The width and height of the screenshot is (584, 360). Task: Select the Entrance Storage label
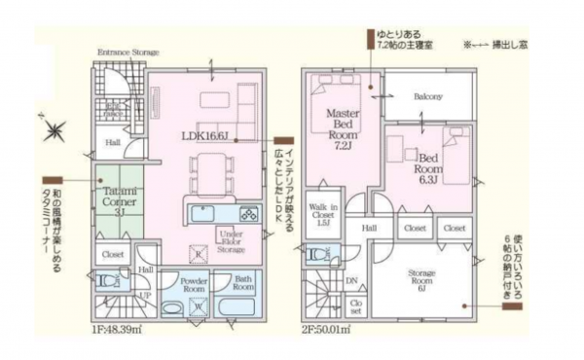[128, 52]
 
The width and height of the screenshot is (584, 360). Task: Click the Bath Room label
[243, 283]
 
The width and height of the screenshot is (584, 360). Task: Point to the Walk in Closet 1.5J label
[324, 214]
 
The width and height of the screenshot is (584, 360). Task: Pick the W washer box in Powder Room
[200, 308]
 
